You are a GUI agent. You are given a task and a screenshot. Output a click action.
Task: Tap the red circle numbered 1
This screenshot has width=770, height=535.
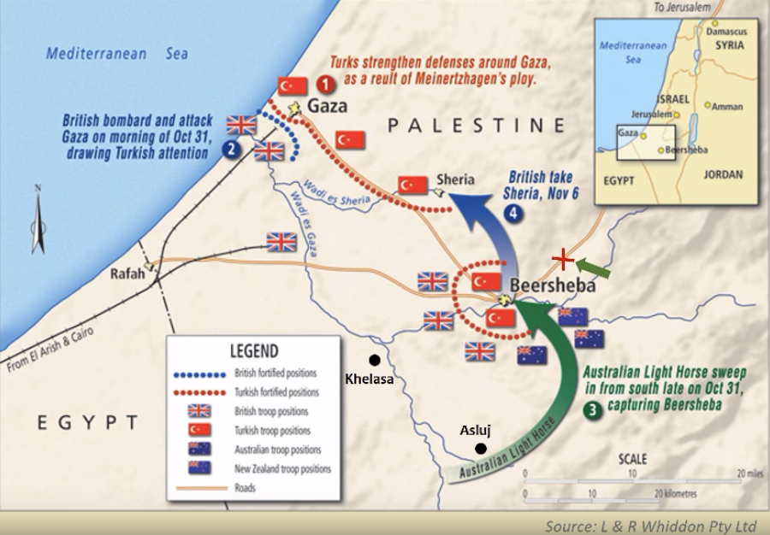[324, 85]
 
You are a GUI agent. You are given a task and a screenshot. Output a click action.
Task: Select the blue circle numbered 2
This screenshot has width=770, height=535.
[229, 149]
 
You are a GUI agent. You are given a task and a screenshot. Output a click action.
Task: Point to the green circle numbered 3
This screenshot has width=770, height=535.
[591, 409]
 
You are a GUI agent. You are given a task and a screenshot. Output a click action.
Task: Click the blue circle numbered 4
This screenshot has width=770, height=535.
[512, 215]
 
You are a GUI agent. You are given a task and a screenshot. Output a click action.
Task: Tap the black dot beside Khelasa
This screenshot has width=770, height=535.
[373, 361]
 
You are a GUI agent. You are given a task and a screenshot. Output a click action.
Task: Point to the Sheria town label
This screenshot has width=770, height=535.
[455, 179]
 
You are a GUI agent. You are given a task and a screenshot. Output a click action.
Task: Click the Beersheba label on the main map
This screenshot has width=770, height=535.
[553, 286]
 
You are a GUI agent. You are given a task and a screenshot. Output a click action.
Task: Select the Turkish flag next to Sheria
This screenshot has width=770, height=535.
[412, 185]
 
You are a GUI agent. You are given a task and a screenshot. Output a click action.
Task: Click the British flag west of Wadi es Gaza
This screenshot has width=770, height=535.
[281, 242]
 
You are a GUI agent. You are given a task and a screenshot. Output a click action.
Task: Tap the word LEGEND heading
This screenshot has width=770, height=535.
[253, 350]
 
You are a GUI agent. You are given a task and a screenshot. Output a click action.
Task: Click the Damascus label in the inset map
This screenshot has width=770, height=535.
[726, 31]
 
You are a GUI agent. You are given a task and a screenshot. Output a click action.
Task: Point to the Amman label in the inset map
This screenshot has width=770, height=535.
[728, 108]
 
